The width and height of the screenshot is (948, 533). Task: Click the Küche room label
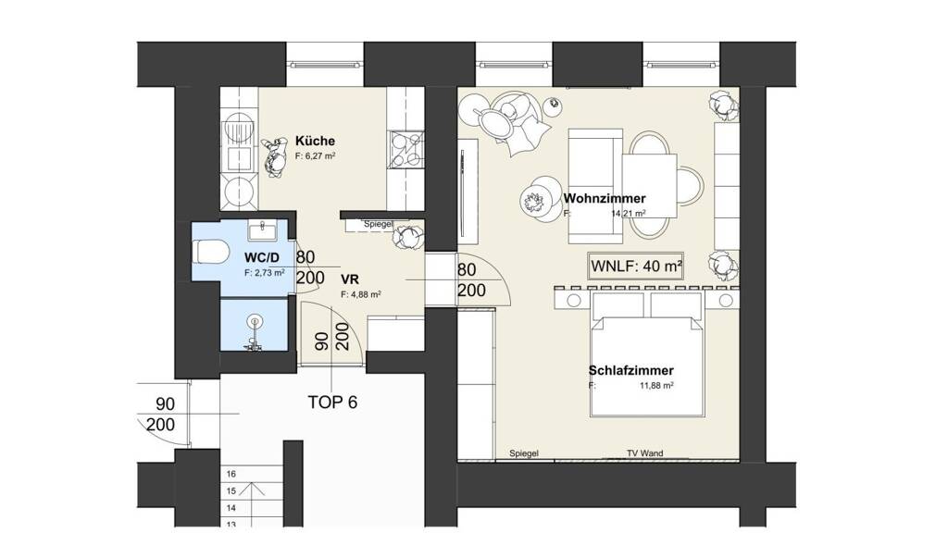coord(315,141)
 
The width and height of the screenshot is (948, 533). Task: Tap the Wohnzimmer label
coord(605,198)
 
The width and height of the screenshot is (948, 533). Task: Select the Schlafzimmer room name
coord(631,370)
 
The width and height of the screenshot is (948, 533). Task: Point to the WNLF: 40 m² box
coord(637,266)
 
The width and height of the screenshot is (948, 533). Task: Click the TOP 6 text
coord(332,403)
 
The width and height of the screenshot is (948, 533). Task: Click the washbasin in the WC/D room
coord(262,230)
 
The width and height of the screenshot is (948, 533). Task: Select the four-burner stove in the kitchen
coord(406,150)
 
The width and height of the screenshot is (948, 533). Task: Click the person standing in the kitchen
coord(275,156)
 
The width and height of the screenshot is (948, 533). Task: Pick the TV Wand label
coord(644,453)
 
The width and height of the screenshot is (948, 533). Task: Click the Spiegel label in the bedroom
coord(524,453)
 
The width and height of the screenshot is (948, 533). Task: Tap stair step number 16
coord(231,475)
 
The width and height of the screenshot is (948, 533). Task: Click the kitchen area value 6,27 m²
coord(316,155)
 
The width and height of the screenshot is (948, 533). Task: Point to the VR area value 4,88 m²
coord(361,295)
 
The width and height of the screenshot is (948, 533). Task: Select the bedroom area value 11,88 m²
coord(656,386)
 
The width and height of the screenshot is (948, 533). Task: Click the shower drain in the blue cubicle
coord(256,321)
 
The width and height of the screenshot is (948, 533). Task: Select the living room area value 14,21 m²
coord(629,214)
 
